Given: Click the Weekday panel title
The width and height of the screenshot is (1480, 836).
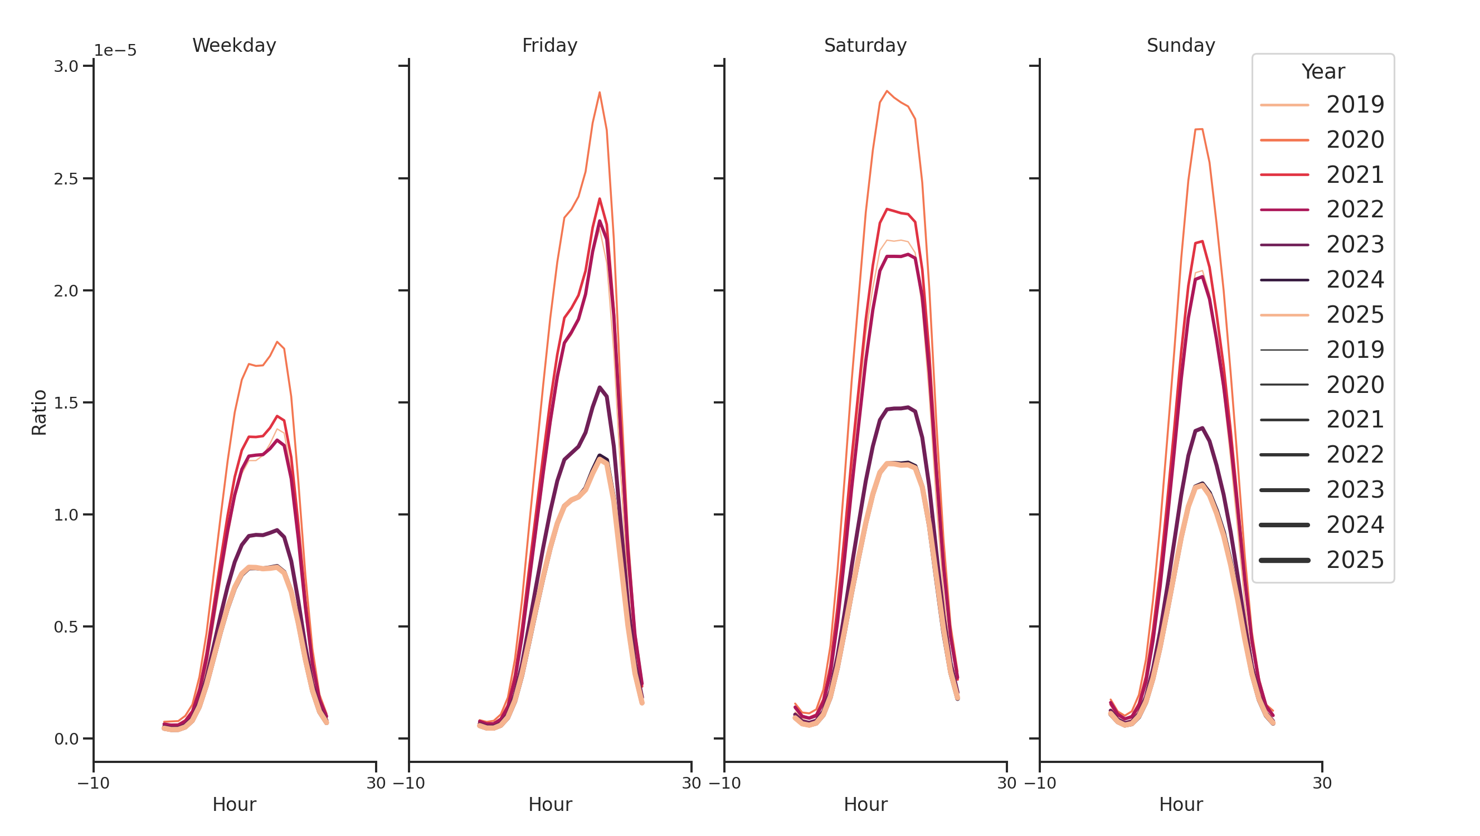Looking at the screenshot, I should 234,45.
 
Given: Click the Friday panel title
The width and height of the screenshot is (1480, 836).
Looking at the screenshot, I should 549,45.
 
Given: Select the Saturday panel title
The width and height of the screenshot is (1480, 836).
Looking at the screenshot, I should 865,45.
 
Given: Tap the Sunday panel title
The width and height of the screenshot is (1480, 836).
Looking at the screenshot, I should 1180,45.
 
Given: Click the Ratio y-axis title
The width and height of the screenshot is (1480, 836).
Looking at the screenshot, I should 39,412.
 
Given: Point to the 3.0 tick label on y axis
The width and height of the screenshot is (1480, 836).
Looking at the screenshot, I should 66,67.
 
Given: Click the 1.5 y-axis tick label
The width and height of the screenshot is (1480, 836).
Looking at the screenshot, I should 66,403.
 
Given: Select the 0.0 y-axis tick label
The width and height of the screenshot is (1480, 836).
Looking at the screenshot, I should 66,739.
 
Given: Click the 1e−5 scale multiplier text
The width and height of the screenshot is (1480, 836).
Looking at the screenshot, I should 115,51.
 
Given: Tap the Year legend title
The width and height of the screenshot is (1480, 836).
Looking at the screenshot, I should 1322,72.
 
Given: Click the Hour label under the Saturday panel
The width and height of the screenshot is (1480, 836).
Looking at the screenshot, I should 865,804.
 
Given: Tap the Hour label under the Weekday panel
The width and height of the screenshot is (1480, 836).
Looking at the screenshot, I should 234,804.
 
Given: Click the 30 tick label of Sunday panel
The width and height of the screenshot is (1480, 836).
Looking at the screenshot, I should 1322,783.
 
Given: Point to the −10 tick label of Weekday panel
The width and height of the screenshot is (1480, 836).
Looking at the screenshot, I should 94,783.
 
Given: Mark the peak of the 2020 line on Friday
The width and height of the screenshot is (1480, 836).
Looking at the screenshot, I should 599,93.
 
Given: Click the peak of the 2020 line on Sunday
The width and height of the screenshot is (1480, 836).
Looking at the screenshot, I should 1199,129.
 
